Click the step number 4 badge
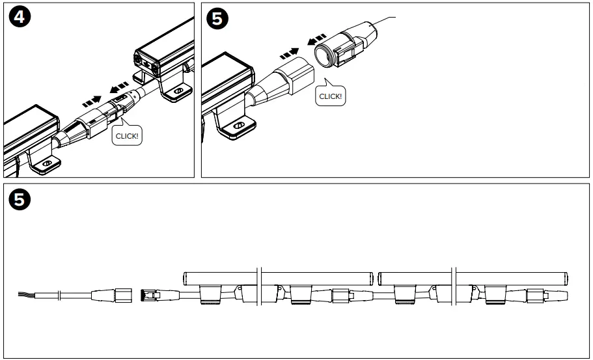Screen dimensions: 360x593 18,18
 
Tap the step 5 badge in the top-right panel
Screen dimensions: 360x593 217,19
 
